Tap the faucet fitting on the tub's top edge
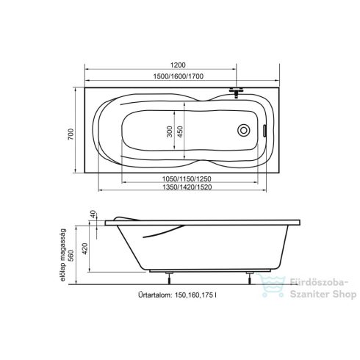(x=235, y=93)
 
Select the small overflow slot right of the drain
(x=265, y=132)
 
